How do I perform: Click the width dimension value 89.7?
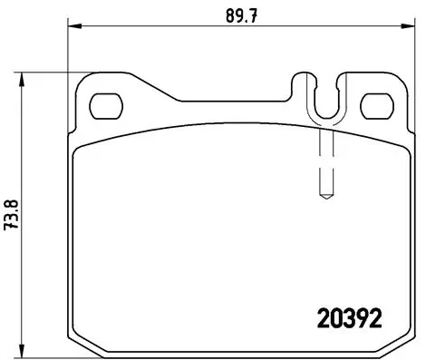point(237,15)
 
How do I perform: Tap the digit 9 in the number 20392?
point(360,318)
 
